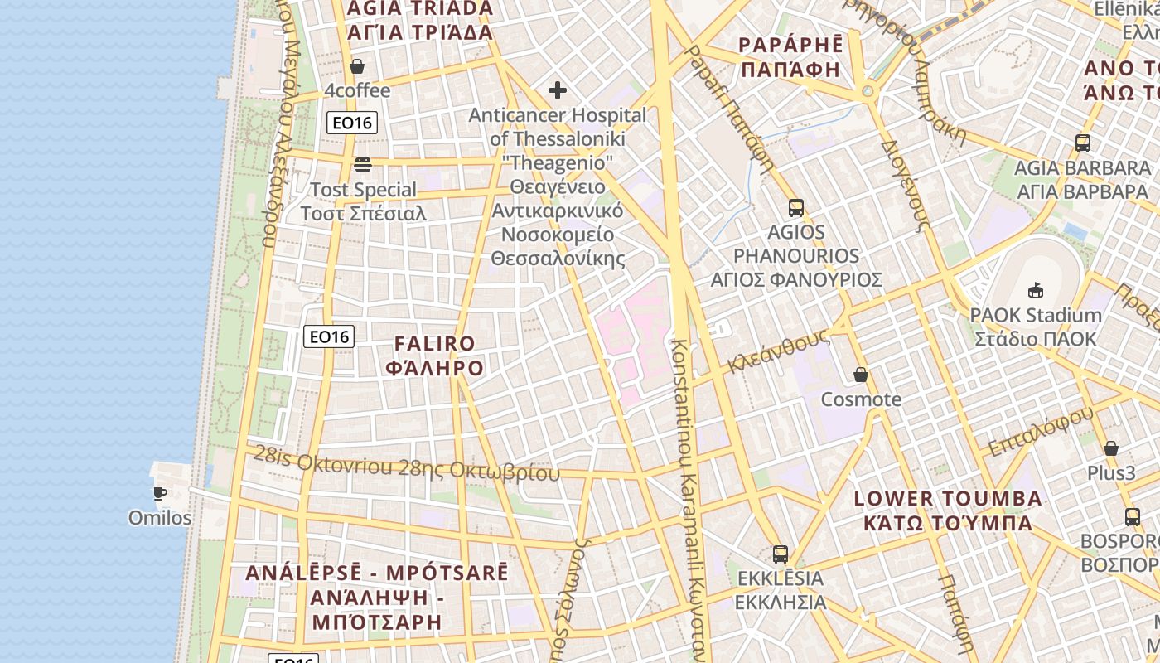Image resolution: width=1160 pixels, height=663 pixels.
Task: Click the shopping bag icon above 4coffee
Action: point(357,66)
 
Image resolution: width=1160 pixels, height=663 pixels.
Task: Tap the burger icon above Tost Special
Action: point(363,164)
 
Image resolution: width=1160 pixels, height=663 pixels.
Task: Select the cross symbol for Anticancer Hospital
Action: point(558,90)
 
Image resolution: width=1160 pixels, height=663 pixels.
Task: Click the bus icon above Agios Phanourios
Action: point(796,207)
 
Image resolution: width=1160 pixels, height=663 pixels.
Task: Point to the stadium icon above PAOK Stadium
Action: point(1035,290)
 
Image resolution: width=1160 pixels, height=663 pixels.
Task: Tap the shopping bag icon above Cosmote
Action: point(861,375)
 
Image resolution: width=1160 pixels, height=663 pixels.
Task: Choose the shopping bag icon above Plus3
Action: point(1111,448)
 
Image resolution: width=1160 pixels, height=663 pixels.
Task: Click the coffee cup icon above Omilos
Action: point(160,493)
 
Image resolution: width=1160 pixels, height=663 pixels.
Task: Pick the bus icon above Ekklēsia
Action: point(780,554)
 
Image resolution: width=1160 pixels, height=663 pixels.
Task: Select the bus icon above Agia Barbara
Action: point(1082,143)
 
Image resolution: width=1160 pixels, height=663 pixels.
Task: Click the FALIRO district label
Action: point(435,356)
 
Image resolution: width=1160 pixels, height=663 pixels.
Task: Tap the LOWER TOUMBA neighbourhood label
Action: point(948,511)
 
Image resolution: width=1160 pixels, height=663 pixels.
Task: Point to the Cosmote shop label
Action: point(861,399)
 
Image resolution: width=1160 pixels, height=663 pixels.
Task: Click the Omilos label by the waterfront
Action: point(160,518)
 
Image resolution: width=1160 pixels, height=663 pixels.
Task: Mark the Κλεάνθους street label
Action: point(779,351)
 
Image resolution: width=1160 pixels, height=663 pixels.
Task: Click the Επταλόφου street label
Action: point(1041,431)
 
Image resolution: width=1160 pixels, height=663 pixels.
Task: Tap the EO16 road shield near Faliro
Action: point(330,336)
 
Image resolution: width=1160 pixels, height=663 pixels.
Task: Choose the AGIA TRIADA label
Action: point(420,20)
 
